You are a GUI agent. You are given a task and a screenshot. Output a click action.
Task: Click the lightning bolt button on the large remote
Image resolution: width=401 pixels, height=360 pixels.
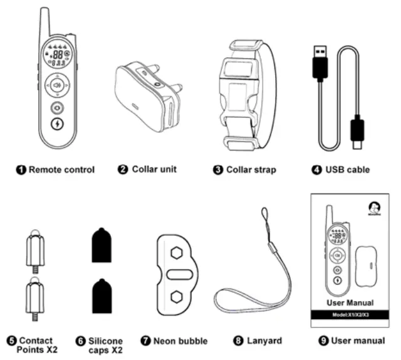56,124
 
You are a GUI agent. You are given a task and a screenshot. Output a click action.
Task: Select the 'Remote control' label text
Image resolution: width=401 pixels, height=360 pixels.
61,169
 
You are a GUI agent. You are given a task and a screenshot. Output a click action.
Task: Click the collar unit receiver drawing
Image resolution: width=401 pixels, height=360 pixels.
147,98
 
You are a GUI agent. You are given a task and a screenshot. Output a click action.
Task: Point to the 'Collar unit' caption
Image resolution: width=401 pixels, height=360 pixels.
154,169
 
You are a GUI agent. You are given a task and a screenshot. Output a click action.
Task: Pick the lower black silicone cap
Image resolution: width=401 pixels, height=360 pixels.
102,297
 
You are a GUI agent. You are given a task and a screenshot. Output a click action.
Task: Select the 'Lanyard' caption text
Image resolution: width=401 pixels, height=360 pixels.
259,341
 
